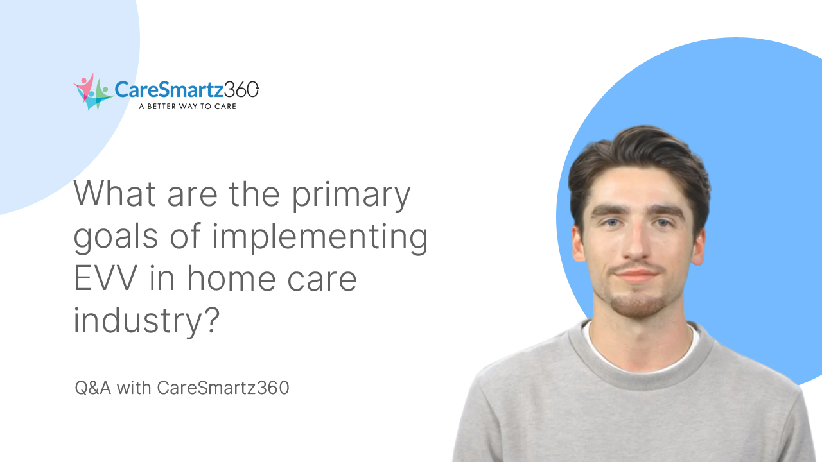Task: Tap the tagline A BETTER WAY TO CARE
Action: click(x=188, y=106)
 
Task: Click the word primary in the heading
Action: click(x=351, y=194)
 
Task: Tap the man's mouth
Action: click(x=635, y=274)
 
